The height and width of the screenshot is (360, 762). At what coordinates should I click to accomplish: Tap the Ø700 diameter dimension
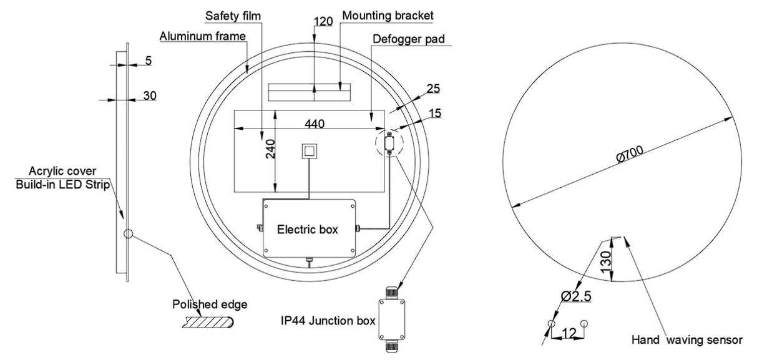(x=632, y=153)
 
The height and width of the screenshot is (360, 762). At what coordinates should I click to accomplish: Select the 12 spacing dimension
(x=569, y=334)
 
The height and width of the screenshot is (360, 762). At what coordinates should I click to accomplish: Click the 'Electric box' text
(x=307, y=230)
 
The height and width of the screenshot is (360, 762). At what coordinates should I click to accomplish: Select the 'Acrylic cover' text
(x=61, y=171)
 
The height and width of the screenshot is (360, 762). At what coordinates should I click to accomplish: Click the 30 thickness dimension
(x=149, y=95)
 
